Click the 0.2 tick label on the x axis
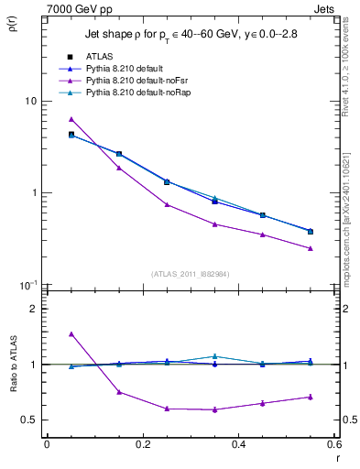pos(142,444)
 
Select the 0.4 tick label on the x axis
pos(238,444)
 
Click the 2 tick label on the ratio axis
pos(34,309)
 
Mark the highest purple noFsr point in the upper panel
pos(71,119)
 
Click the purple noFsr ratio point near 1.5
pos(71,334)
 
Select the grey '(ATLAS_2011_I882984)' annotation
pos(190,274)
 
